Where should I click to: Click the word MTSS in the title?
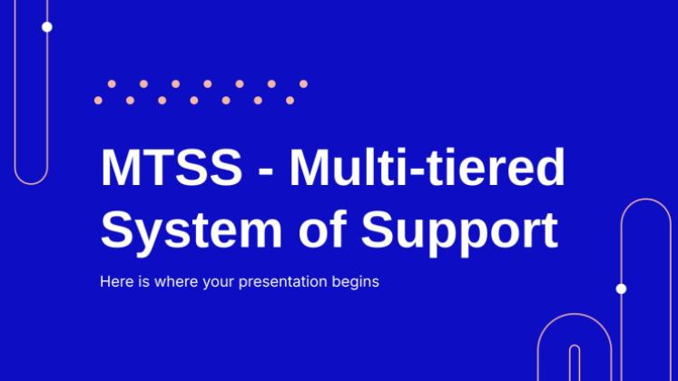(172, 167)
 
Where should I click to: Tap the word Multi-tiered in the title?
(427, 167)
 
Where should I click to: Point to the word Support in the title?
(459, 232)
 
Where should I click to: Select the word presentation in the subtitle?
(283, 282)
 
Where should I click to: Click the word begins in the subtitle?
(356, 282)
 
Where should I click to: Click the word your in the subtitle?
(218, 283)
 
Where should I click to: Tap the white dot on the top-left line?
(47, 27)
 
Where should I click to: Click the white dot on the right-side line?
(621, 288)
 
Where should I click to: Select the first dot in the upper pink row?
(112, 83)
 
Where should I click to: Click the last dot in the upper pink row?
(303, 83)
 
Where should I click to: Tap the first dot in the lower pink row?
(98, 100)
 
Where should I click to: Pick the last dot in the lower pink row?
(290, 100)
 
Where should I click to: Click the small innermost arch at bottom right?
(575, 346)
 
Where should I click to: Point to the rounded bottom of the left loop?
(31, 184)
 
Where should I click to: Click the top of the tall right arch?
(646, 200)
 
